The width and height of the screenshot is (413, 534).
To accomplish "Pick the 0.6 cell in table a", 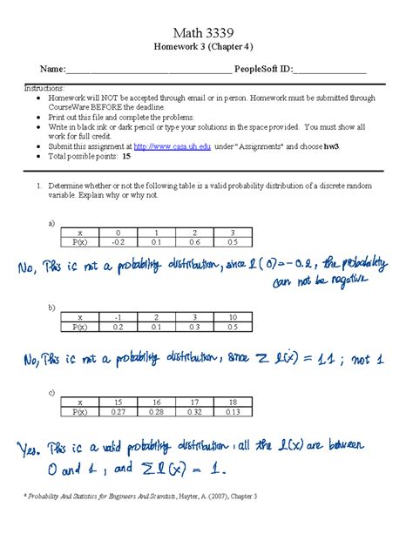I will (196, 243).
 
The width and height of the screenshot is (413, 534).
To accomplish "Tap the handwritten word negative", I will (344, 281).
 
